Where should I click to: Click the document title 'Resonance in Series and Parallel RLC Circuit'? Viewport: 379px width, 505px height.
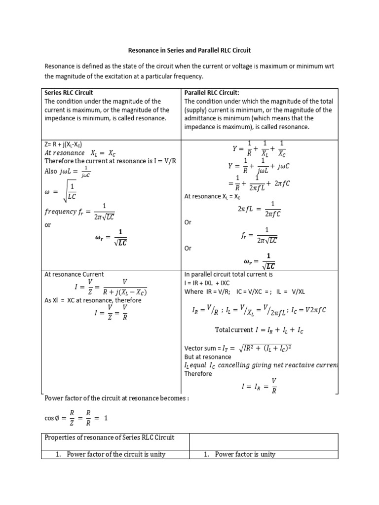coord(189,50)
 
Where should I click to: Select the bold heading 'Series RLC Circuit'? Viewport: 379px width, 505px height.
coord(69,93)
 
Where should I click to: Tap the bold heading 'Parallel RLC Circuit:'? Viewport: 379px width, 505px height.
coord(211,93)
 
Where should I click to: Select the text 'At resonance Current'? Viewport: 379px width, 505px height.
coord(74,274)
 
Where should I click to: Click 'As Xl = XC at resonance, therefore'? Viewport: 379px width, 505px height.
coord(93,300)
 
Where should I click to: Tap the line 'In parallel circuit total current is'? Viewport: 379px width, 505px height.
coord(228,274)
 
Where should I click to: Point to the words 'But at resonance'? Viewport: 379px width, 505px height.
coord(207,357)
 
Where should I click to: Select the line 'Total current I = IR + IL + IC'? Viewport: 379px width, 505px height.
coord(259,329)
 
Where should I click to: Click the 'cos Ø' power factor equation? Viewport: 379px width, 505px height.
coord(76,418)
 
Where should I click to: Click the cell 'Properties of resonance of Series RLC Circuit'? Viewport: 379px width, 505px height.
coord(109,438)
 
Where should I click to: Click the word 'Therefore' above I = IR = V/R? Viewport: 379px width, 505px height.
coord(198,374)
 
